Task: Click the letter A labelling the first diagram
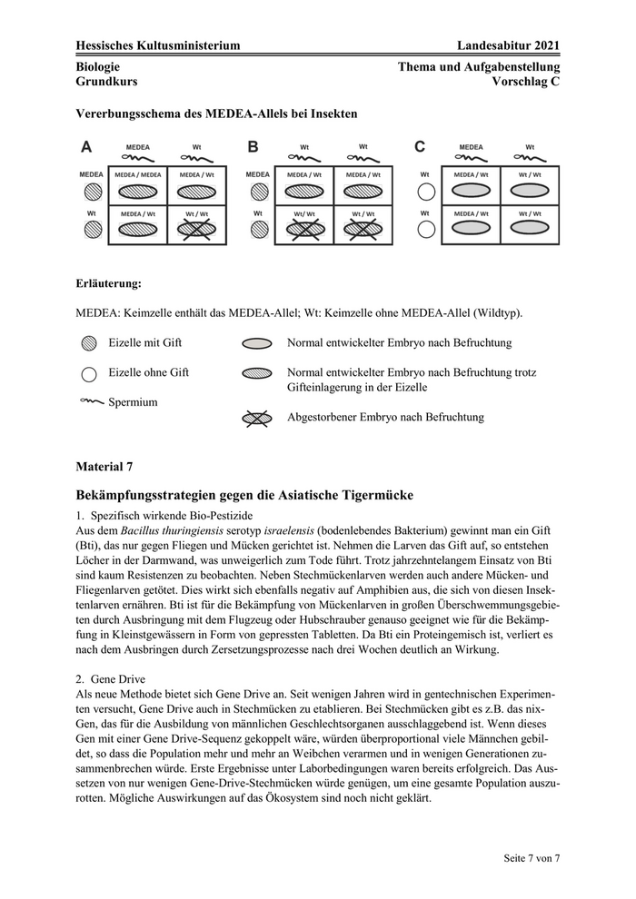coord(86,146)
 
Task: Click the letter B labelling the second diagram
coord(253,146)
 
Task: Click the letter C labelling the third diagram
coord(420,146)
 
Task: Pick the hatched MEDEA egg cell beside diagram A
coord(91,192)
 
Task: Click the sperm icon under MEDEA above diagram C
coord(471,158)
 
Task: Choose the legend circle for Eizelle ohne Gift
coord(88,372)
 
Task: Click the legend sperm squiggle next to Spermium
coord(92,400)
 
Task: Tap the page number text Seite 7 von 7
coord(532,858)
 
